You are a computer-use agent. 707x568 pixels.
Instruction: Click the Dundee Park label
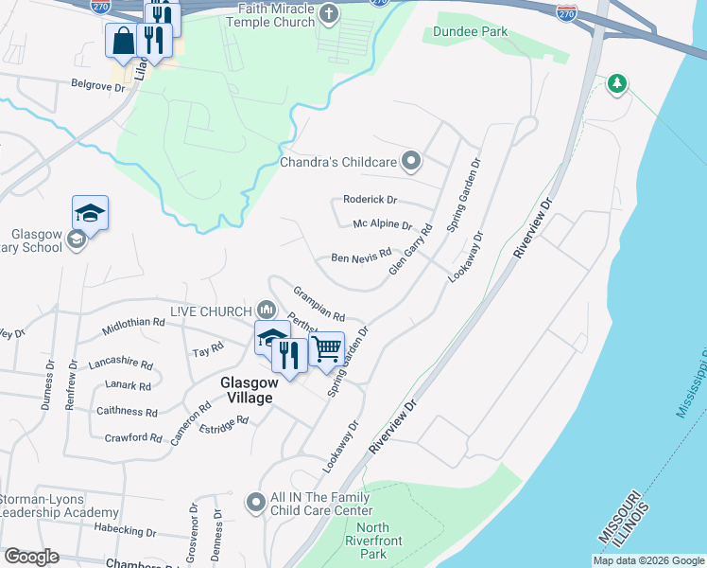coord(470,31)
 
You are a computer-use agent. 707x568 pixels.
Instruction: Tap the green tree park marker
coord(617,84)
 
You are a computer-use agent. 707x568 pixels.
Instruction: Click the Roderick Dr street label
coord(371,200)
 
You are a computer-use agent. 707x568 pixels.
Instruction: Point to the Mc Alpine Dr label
coord(383,225)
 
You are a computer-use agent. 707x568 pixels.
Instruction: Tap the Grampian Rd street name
coord(319,304)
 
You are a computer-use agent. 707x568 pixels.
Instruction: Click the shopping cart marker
coord(326,348)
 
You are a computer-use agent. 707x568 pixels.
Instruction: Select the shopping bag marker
coord(123,42)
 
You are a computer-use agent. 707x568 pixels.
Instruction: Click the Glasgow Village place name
coord(248,390)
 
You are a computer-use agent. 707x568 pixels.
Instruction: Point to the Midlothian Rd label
coord(133,322)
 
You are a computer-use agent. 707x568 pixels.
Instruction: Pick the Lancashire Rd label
coord(120,363)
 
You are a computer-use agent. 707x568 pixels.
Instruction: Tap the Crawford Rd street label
coord(133,437)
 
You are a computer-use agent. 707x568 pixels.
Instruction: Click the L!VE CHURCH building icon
coord(267,311)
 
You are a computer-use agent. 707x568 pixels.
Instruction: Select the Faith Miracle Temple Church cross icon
coord(328,13)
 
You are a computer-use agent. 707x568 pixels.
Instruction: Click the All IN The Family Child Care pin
coord(255,503)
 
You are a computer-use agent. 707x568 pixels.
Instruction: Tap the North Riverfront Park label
coord(373,541)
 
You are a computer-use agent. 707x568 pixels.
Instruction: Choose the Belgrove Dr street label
coord(98,85)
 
